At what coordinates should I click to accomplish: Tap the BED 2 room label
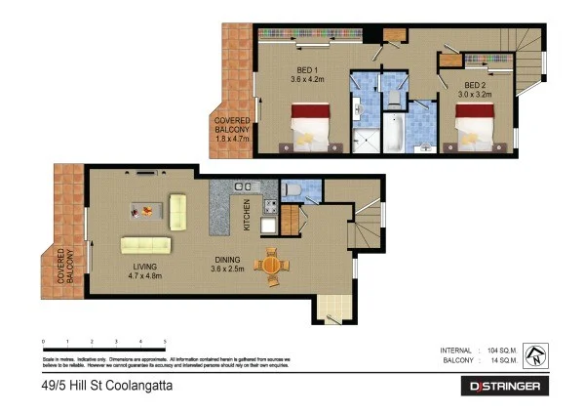click(477, 85)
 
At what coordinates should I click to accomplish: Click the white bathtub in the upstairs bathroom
click(393, 134)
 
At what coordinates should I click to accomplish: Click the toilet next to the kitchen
click(293, 187)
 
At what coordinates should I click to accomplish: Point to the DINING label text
click(227, 260)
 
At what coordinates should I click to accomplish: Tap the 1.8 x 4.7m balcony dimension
click(232, 140)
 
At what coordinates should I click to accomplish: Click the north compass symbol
click(533, 354)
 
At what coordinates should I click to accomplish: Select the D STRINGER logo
click(503, 387)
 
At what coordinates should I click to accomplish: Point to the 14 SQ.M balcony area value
click(499, 360)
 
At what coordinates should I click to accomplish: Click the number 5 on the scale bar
click(165, 341)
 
